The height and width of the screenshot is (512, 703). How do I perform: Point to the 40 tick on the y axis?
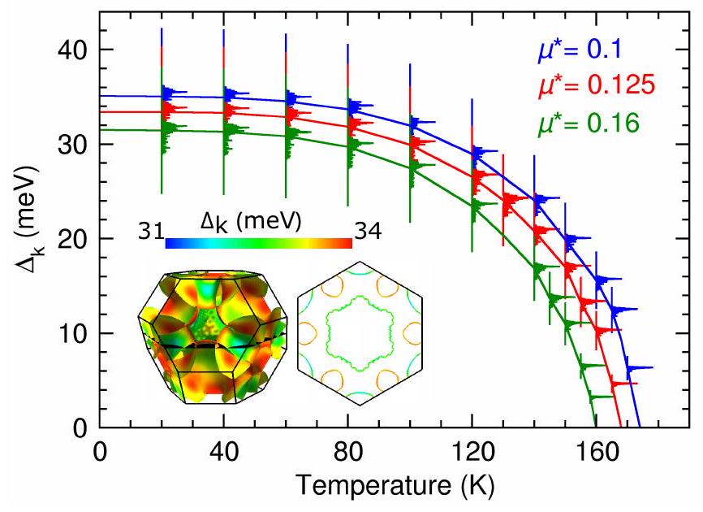click(74, 50)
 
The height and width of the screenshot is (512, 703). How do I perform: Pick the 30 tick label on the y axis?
click(74, 144)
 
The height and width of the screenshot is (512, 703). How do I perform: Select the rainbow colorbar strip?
click(258, 242)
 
